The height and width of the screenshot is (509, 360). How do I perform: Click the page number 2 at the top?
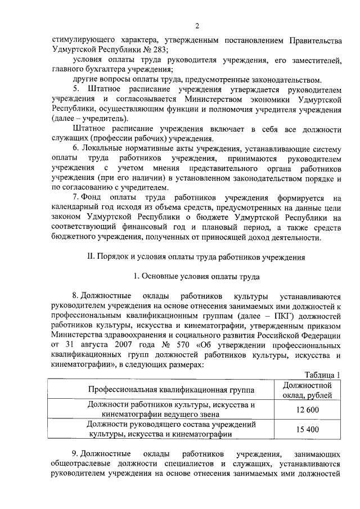(197, 25)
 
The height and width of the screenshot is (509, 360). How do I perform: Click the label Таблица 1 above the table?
(323, 376)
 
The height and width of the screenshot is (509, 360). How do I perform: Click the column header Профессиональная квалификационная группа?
(170, 390)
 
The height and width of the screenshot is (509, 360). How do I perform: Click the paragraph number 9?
(75, 454)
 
